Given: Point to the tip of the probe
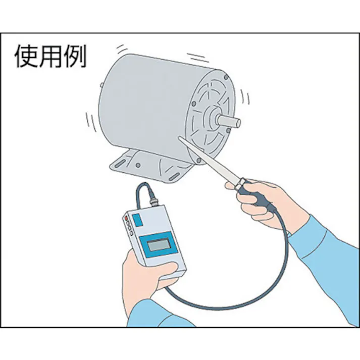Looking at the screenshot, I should click(180, 138).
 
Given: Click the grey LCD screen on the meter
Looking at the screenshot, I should click(157, 246).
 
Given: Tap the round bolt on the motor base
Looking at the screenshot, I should click(138, 165).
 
